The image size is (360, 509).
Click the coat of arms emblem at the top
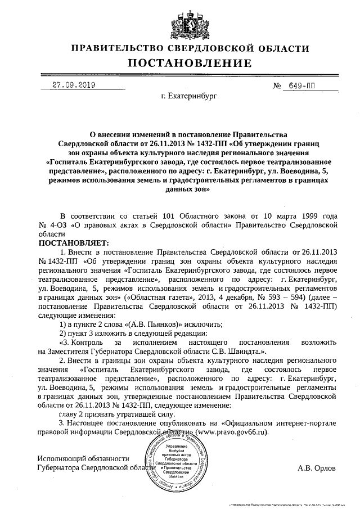[x=181, y=20]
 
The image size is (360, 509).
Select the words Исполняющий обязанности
[x=83, y=458]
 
